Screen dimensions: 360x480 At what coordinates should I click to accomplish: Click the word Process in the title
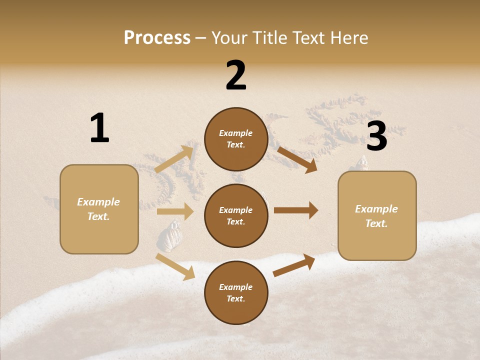click(x=157, y=38)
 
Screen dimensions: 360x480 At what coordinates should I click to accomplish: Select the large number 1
click(x=99, y=128)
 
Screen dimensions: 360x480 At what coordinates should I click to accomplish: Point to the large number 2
click(x=236, y=75)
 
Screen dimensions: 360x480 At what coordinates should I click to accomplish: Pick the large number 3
click(x=376, y=136)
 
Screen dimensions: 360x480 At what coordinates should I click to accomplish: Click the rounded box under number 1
click(x=99, y=209)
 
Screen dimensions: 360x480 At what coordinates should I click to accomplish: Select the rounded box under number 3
click(x=377, y=215)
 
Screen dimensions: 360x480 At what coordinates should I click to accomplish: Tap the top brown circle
click(x=236, y=139)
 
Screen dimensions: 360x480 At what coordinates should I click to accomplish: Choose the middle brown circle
click(x=236, y=215)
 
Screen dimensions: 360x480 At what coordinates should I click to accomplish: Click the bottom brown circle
click(x=236, y=292)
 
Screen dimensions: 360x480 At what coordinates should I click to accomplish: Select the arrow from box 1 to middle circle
click(x=174, y=211)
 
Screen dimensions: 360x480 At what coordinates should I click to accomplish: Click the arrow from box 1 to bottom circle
click(x=175, y=266)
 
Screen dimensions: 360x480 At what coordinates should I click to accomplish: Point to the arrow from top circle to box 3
click(x=297, y=159)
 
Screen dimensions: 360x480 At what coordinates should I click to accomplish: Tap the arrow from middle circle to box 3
click(x=296, y=210)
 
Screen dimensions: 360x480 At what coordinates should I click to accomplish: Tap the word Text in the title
click(x=309, y=38)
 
